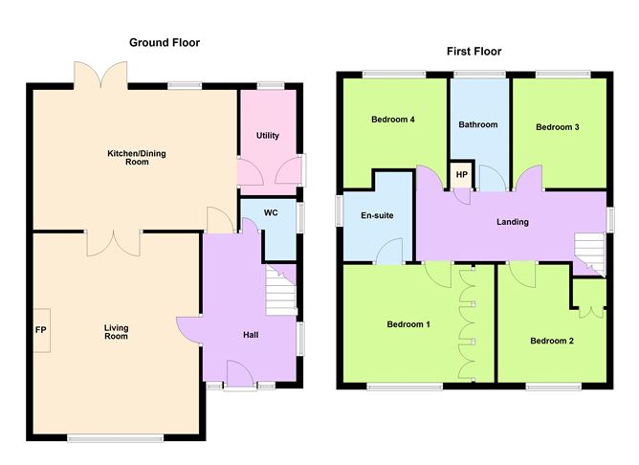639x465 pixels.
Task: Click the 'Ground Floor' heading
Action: point(165,42)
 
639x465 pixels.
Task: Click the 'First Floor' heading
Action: point(473,52)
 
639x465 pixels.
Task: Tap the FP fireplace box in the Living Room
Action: point(41,332)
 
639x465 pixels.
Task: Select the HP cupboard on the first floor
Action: point(461,175)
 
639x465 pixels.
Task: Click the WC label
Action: point(271,212)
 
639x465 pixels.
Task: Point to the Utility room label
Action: point(268,136)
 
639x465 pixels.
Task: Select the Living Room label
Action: point(116,332)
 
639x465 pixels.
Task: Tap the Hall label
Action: point(250,335)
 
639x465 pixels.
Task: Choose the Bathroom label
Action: point(477,124)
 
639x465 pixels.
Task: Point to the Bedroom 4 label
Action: point(392,120)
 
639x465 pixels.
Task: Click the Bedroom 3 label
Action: point(557,127)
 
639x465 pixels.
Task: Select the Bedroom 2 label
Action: point(551,341)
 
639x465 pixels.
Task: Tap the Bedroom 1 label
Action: point(408,324)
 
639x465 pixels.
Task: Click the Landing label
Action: point(512,222)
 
